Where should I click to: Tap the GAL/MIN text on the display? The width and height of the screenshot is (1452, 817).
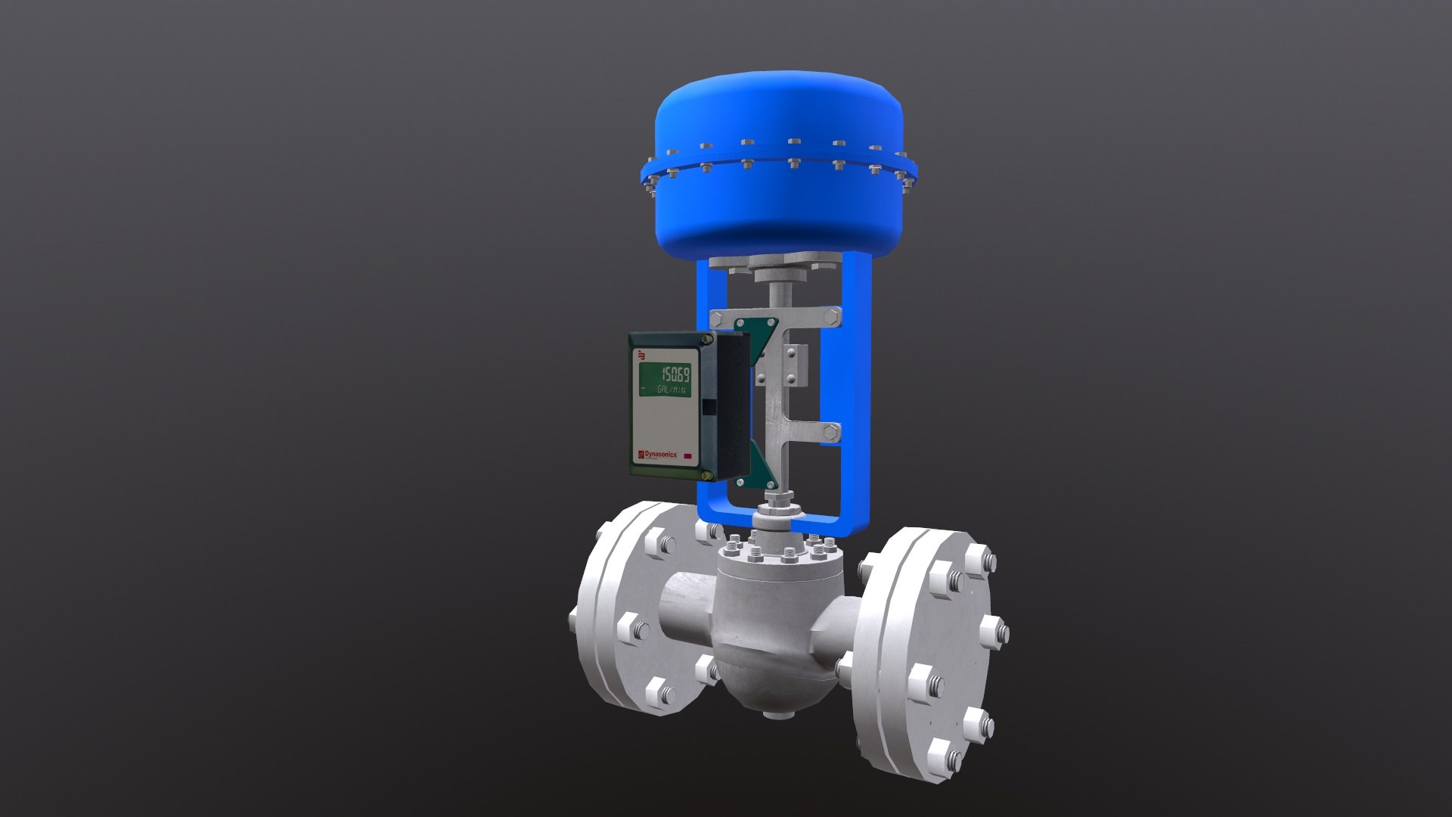pos(672,390)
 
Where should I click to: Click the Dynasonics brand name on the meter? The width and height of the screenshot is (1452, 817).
pos(659,454)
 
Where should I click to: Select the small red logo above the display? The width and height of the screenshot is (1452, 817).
pos(642,354)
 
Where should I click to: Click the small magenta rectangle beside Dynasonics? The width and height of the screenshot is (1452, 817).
pos(689,456)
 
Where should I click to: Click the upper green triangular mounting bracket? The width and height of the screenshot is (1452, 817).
pos(757,330)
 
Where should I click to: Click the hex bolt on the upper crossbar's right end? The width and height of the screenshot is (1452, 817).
pos(833,315)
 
